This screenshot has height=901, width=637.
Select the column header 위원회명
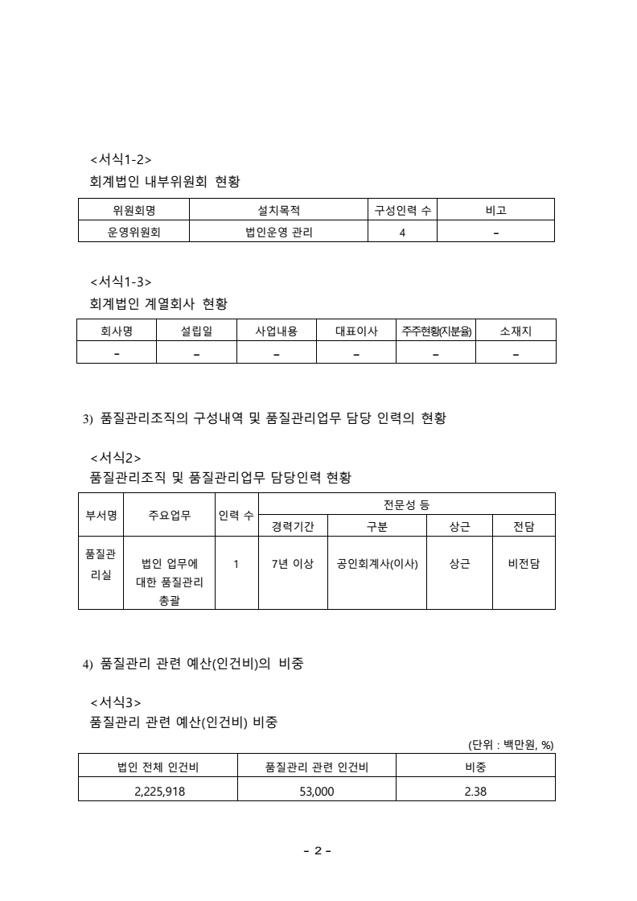coord(133,211)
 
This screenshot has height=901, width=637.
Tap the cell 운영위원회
coord(133,232)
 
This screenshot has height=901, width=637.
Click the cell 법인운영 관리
coord(278,232)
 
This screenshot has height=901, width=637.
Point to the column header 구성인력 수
coord(402,211)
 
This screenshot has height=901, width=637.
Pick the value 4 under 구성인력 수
coord(402,232)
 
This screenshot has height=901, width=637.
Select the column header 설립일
coord(196,331)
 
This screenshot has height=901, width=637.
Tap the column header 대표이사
coord(356,331)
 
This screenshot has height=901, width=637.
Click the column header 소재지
coord(516,331)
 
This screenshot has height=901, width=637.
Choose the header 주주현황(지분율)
coord(437,331)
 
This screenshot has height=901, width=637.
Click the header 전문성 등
coord(407,504)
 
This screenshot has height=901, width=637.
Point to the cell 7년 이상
coord(293,564)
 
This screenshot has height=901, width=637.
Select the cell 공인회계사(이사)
coord(377,564)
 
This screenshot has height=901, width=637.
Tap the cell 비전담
coord(524,564)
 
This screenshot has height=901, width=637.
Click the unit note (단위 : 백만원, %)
coord(511,744)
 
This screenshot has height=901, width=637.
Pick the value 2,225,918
coord(158,790)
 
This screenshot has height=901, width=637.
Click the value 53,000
coord(317,790)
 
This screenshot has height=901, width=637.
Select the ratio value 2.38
coord(475,790)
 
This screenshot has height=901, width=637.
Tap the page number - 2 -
coord(318,851)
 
